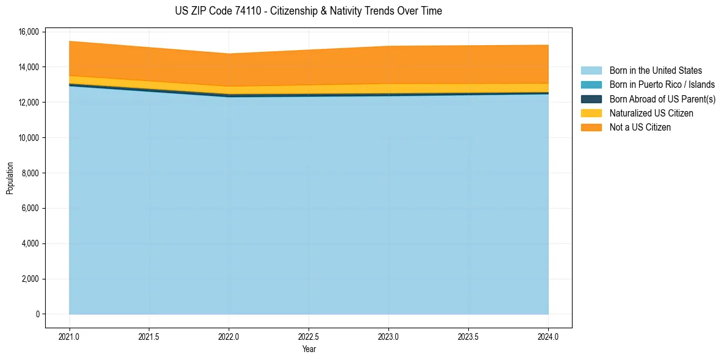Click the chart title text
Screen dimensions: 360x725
(x=308, y=11)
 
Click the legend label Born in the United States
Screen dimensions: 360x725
(x=655, y=71)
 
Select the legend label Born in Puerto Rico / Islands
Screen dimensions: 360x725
(x=662, y=85)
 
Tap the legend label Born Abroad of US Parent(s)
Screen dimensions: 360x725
(x=662, y=99)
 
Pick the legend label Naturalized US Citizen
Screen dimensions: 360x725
(x=651, y=113)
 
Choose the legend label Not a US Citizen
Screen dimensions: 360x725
(x=640, y=128)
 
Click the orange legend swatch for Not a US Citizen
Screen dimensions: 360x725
(x=591, y=128)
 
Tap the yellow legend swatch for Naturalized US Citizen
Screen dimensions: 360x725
(x=591, y=113)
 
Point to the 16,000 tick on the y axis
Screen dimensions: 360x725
(x=29, y=32)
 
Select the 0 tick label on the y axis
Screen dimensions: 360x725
(x=37, y=314)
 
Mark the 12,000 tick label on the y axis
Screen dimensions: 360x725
(x=29, y=103)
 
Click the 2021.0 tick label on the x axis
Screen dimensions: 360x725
(x=70, y=336)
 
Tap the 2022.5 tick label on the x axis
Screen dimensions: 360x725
(x=309, y=336)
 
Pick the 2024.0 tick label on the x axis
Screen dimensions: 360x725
(x=548, y=336)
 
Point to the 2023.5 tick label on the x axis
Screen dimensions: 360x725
(x=468, y=336)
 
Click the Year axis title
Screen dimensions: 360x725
(x=309, y=349)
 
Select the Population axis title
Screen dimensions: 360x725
(x=10, y=178)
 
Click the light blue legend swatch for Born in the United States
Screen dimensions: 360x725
(x=591, y=71)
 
